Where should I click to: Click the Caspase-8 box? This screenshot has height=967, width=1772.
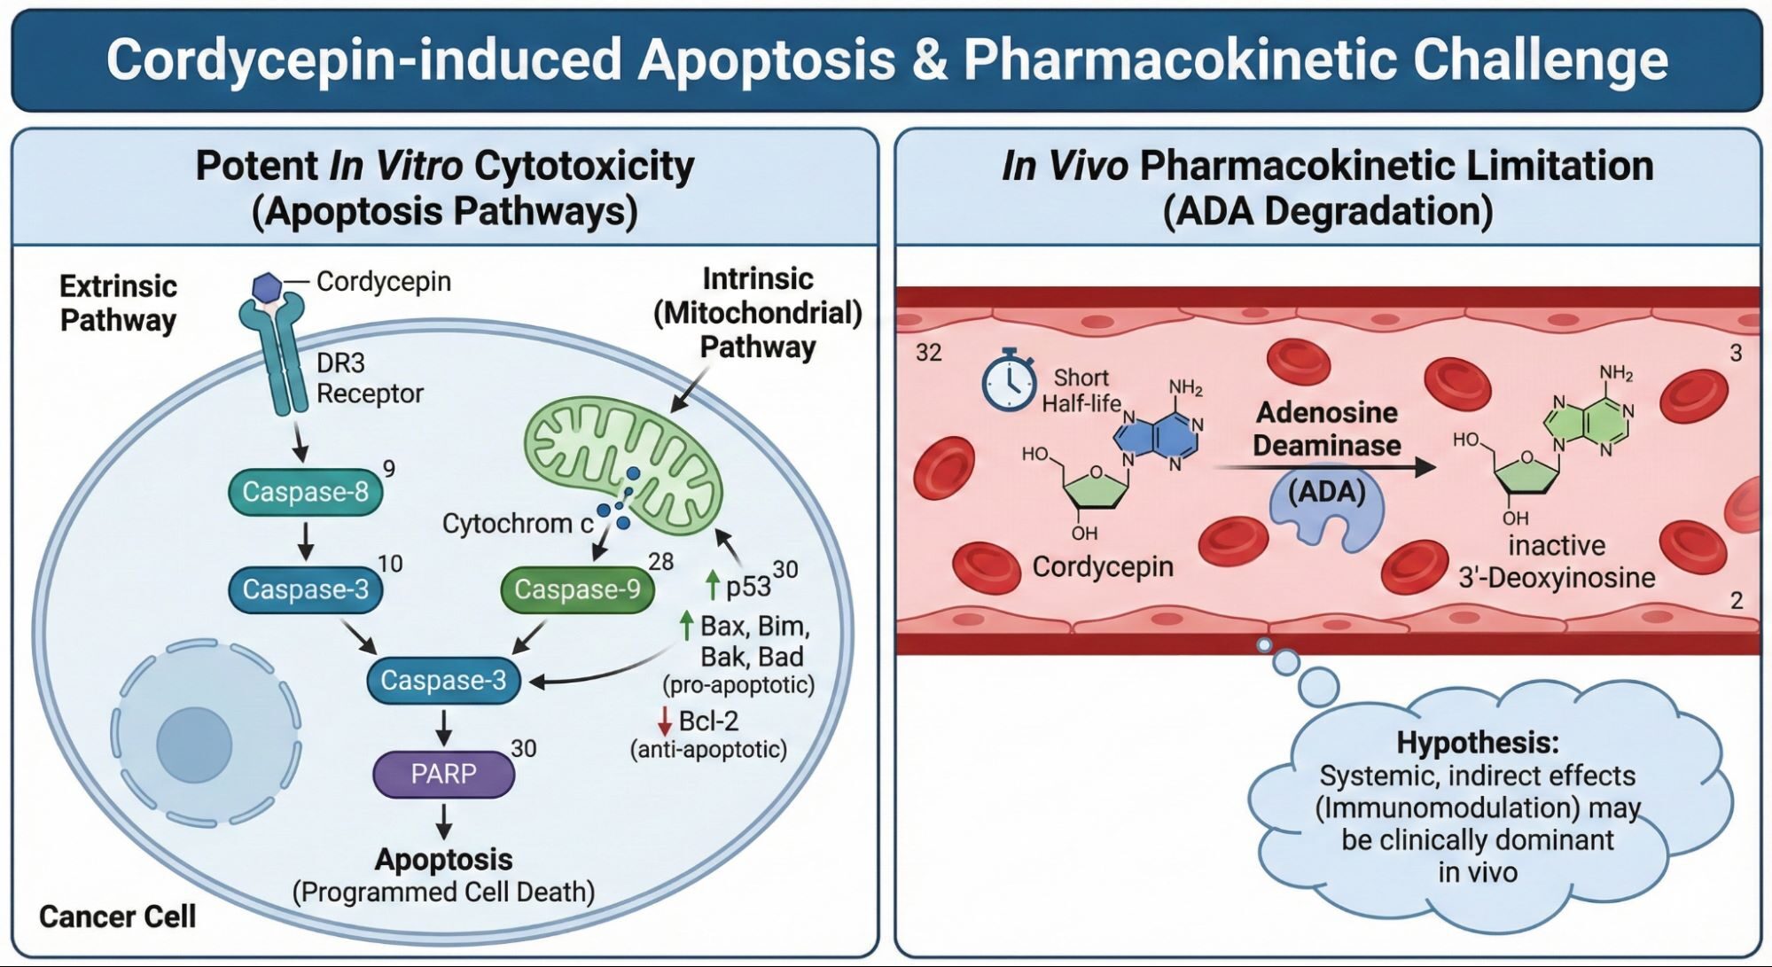pos(305,492)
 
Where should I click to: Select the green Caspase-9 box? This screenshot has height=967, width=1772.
pos(577,589)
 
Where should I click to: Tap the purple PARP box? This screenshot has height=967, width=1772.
pos(443,774)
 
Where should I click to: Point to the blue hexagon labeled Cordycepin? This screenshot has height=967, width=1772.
pos(266,286)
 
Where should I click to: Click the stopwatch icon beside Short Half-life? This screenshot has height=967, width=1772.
pos(1009,381)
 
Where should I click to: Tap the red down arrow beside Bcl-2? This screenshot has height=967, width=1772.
pos(664,721)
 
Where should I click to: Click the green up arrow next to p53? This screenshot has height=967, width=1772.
pos(712,585)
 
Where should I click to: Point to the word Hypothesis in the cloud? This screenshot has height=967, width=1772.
pos(1477,742)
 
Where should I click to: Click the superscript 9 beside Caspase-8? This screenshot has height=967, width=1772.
pos(388,469)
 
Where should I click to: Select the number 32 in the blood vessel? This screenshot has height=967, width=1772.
pos(928,353)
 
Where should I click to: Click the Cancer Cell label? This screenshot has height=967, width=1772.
pos(117,916)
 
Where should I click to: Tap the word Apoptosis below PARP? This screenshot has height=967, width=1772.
pos(443,859)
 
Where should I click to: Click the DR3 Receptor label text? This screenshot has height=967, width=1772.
pos(369,378)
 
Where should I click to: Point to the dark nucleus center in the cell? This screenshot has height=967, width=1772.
pos(194,745)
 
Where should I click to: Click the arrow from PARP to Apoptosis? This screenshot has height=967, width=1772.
pos(443,822)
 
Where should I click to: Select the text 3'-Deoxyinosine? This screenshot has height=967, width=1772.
pos(1557,578)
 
